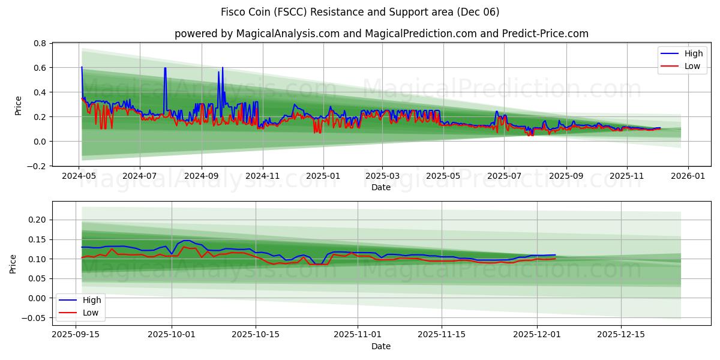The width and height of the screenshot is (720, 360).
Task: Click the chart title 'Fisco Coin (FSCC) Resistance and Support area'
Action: click(x=360, y=12)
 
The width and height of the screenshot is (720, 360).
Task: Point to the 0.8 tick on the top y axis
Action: click(x=40, y=44)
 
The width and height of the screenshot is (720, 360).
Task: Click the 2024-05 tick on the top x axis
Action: click(x=79, y=177)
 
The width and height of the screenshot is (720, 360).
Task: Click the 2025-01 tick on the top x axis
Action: click(x=323, y=177)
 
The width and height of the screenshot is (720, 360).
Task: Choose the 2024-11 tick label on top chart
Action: click(x=262, y=177)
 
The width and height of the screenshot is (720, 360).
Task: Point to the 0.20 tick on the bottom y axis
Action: click(x=37, y=220)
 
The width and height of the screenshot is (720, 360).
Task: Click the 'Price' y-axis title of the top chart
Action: click(x=18, y=106)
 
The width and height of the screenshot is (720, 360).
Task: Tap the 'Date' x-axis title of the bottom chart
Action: click(x=381, y=346)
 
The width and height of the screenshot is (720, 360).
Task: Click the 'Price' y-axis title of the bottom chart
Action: click(x=13, y=263)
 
